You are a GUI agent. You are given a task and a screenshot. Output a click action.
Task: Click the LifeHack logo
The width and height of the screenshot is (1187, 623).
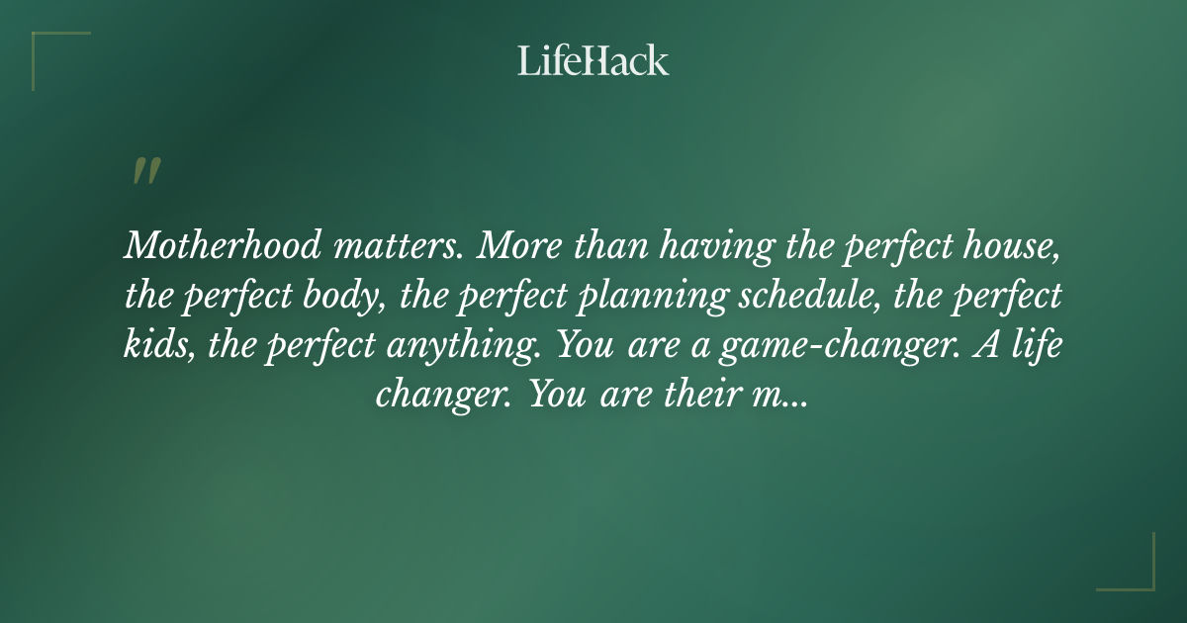(593, 61)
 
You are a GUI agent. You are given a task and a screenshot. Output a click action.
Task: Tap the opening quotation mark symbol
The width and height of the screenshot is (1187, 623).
(145, 171)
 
